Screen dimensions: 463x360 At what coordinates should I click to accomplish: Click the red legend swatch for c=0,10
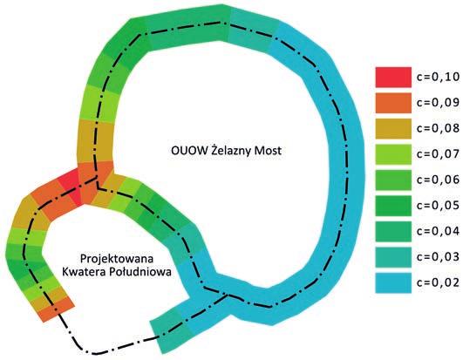click(x=393, y=77)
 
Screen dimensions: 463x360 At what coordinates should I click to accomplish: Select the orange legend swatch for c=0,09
click(x=393, y=103)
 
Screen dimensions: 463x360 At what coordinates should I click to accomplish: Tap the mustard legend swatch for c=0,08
click(x=393, y=128)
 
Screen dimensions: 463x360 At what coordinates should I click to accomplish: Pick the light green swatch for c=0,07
click(x=393, y=154)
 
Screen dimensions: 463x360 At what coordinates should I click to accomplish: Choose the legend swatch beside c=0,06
click(x=393, y=180)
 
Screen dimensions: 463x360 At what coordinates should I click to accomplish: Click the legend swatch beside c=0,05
click(x=393, y=206)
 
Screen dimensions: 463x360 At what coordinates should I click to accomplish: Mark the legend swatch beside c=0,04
click(x=393, y=231)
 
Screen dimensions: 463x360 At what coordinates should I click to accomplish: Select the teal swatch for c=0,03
click(x=393, y=257)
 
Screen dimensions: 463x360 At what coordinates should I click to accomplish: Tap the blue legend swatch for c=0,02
click(x=393, y=282)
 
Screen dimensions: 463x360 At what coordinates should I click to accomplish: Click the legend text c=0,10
click(x=439, y=77)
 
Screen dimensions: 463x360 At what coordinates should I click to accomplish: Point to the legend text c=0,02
click(x=439, y=282)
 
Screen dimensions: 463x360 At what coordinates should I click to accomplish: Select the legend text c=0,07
click(x=439, y=154)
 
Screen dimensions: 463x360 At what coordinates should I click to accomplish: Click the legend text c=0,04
click(x=439, y=231)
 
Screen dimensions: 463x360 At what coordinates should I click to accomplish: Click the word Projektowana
click(x=117, y=259)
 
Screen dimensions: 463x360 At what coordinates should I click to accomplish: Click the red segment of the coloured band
click(x=71, y=186)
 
